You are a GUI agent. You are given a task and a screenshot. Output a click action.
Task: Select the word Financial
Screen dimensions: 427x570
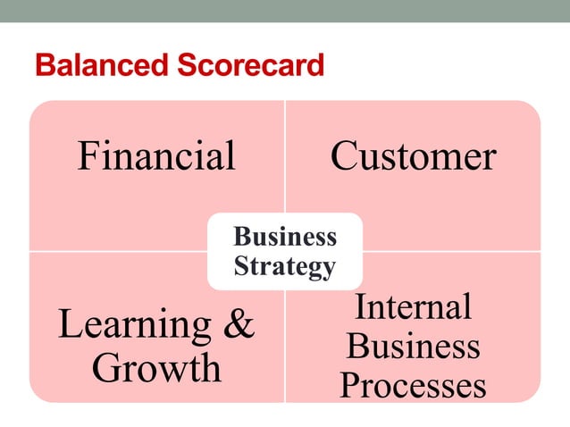tap(156, 156)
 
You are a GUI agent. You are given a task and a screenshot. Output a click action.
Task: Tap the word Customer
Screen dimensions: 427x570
tap(413, 156)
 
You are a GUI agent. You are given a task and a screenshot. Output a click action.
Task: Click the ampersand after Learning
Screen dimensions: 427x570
tap(238, 325)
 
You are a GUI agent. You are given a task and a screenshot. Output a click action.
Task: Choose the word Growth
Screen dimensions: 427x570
tap(156, 367)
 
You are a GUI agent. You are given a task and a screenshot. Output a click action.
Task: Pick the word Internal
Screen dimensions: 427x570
tap(413, 306)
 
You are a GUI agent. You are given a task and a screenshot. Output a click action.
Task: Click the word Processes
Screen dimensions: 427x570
tap(413, 385)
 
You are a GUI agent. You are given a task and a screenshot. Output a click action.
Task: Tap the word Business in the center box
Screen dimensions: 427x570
tap(284, 237)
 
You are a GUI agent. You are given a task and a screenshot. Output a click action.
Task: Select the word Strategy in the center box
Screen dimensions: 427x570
tap(284, 266)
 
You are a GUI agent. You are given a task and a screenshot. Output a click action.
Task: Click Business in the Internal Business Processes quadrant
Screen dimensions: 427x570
tap(413, 346)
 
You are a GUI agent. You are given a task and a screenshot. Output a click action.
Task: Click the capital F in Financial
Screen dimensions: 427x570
tap(88, 156)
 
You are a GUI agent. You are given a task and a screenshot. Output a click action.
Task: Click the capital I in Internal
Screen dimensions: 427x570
tap(361, 306)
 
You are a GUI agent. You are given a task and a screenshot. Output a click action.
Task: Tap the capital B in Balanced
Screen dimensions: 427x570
tap(43, 65)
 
